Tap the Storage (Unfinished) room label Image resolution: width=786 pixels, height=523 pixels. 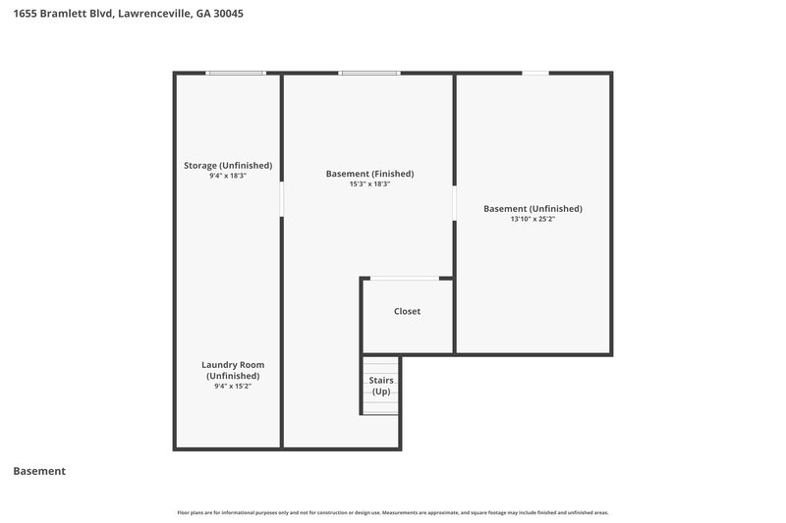click(228, 165)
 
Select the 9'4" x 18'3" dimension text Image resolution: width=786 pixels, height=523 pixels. click(228, 176)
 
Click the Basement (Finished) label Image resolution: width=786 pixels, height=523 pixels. click(369, 174)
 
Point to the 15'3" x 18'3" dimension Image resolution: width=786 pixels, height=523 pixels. click(369, 184)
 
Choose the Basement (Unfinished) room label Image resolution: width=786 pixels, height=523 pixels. click(533, 208)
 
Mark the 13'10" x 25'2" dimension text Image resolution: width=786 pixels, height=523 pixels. click(533, 219)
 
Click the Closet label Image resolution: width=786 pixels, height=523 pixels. click(407, 311)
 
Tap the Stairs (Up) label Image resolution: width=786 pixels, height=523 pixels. click(381, 386)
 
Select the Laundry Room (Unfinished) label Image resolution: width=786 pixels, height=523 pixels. click(233, 370)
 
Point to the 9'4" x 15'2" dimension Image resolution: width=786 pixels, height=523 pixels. click(233, 387)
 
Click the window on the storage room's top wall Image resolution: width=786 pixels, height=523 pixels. click(236, 73)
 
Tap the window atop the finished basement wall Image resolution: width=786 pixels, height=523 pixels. click(369, 73)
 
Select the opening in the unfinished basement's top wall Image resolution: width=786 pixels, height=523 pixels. click(535, 73)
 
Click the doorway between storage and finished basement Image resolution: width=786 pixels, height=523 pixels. click(282, 198)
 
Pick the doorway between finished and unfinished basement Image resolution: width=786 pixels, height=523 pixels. click(454, 203)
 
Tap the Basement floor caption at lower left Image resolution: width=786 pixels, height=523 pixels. click(39, 471)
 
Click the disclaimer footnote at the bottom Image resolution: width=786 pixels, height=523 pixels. click(393, 512)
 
